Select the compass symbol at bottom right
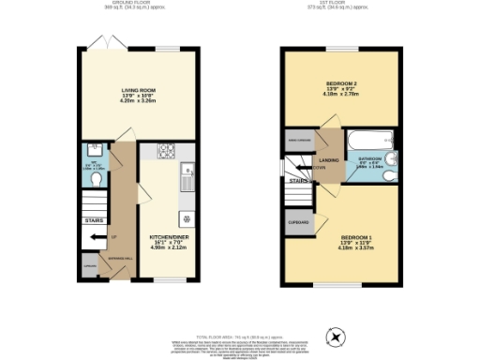(334, 336)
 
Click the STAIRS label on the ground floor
(94, 222)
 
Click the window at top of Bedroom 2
(341, 48)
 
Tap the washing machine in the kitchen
(187, 218)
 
